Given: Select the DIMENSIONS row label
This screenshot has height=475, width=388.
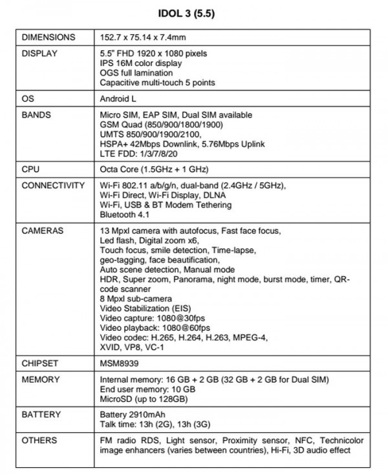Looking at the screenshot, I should pyautogui.click(x=48, y=37).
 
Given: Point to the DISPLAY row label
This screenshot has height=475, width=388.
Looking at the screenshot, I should pyautogui.click(x=40, y=54).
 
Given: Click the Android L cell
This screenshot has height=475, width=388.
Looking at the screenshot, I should pyautogui.click(x=122, y=100).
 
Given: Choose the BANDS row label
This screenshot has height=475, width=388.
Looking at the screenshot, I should pyautogui.click(x=36, y=115).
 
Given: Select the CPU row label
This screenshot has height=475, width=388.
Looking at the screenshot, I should pyautogui.click(x=31, y=170).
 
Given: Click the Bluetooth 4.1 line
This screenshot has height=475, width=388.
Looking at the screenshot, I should pyautogui.click(x=125, y=215).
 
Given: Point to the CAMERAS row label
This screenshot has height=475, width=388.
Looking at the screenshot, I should pyautogui.click(x=43, y=231).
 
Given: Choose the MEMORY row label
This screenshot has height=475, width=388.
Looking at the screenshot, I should pyautogui.click(x=41, y=379).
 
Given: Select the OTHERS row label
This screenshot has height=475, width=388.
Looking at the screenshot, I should pyautogui.click(x=39, y=441).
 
